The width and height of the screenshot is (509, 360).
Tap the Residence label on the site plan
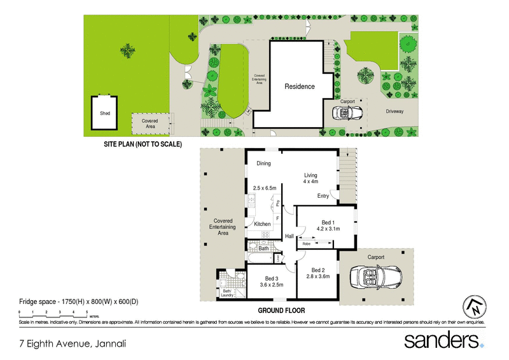pyautogui.click(x=299, y=87)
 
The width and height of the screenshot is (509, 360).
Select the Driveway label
pyautogui.click(x=394, y=111)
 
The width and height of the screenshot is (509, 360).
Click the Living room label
pyautogui.click(x=310, y=176)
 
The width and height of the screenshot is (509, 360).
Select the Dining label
pyautogui.click(x=263, y=163)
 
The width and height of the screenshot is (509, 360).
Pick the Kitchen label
pyautogui.click(x=262, y=224)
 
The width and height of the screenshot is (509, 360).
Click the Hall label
pyautogui.click(x=289, y=236)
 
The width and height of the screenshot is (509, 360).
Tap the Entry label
pyautogui.click(x=323, y=196)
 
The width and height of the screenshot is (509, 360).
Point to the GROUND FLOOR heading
pyautogui.click(x=281, y=311)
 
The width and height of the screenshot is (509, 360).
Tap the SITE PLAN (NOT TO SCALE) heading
pyautogui.click(x=143, y=144)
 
